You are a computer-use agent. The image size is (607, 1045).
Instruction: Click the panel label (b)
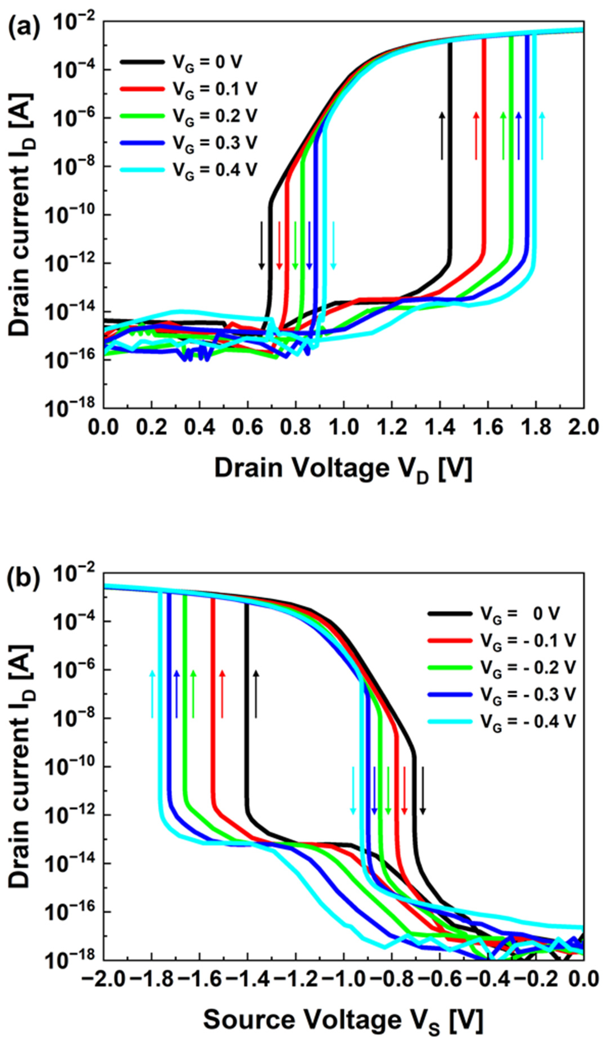24,580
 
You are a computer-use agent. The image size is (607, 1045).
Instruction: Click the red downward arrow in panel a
279,245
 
